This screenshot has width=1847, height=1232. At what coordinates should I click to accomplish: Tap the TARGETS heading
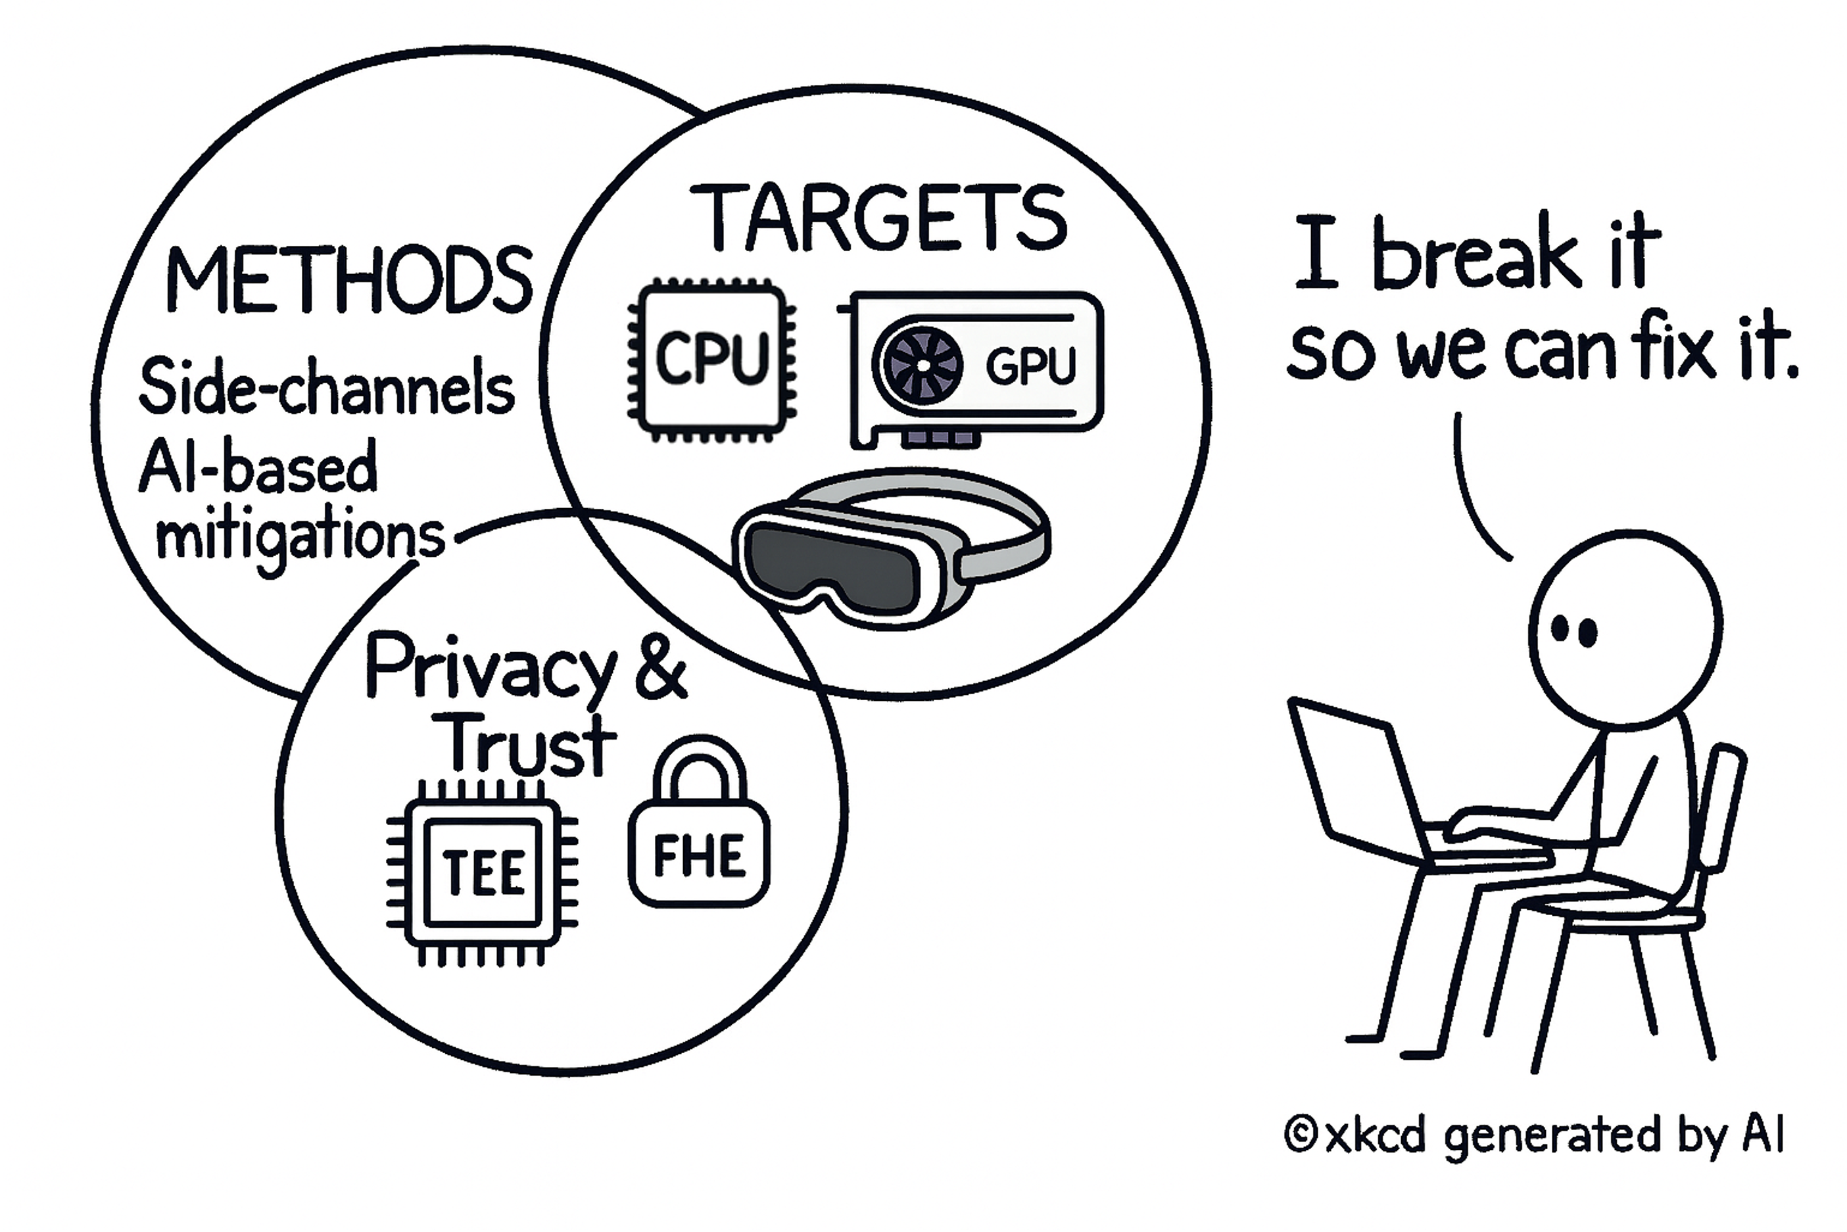tap(878, 218)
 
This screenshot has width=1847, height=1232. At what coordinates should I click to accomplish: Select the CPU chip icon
tap(711, 359)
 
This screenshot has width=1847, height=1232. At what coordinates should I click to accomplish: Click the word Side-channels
tap(326, 387)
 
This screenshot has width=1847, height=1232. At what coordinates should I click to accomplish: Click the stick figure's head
tap(1625, 628)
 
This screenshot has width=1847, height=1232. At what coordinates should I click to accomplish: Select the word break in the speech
tap(1477, 253)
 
